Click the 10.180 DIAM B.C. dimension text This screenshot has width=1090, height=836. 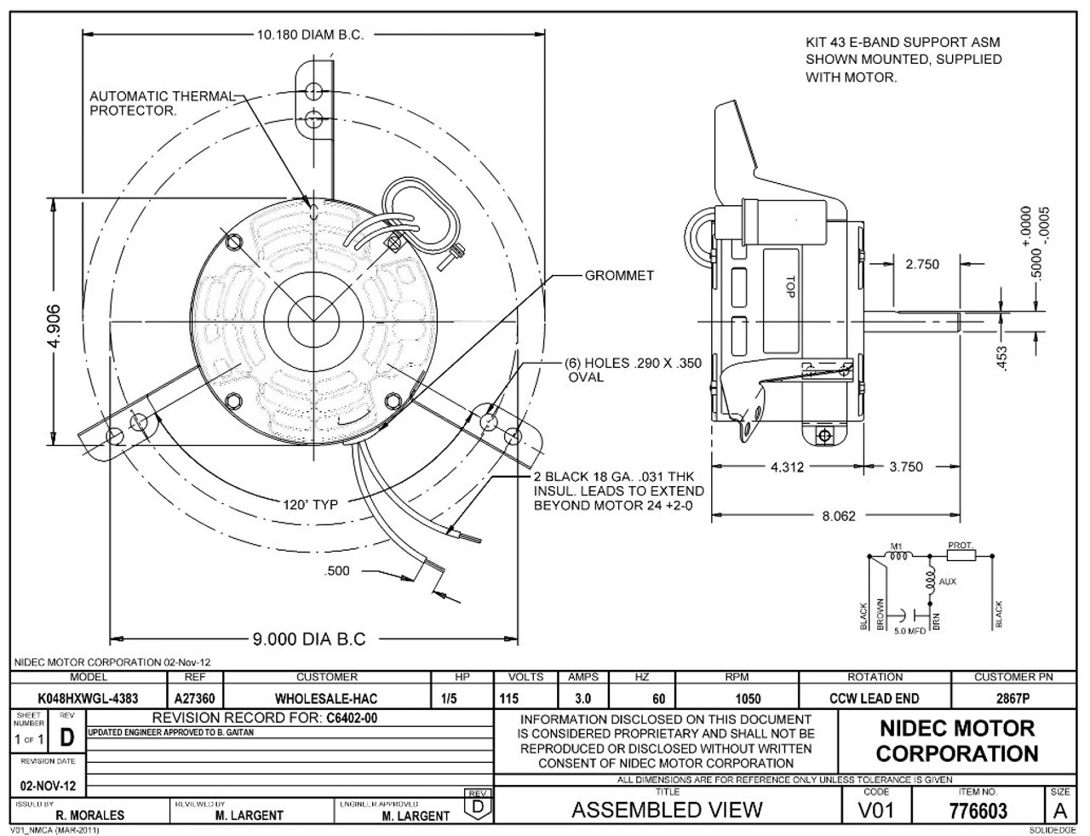[310, 35]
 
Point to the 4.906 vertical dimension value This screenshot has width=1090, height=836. [53, 322]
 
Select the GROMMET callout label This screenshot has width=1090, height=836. [619, 276]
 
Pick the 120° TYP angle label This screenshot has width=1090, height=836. [310, 504]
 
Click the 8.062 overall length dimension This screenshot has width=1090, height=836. [839, 515]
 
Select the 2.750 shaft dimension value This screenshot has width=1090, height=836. [922, 264]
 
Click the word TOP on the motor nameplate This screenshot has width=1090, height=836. [790, 284]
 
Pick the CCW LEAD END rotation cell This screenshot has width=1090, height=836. [874, 699]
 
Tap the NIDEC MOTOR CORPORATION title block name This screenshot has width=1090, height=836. [956, 741]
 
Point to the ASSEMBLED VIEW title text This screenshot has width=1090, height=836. [667, 810]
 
